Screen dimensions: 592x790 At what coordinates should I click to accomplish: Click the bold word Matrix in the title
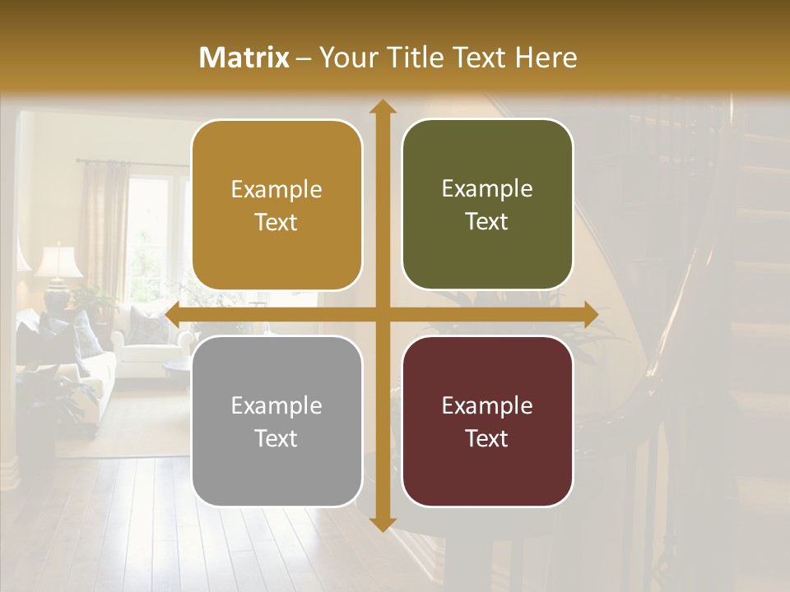click(244, 58)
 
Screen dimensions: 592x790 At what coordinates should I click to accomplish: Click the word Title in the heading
click(414, 58)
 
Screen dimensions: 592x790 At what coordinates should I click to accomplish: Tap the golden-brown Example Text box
click(276, 206)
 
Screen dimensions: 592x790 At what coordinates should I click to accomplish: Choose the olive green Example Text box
click(487, 206)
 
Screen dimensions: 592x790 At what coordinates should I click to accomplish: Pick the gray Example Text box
click(276, 421)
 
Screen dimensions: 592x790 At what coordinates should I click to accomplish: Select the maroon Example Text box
click(487, 421)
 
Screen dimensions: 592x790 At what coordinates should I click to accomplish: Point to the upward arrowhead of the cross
click(383, 106)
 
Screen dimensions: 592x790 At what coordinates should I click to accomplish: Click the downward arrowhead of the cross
click(383, 524)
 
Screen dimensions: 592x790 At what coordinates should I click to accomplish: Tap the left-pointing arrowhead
click(172, 315)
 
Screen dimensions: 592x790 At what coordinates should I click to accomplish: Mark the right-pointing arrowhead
click(592, 315)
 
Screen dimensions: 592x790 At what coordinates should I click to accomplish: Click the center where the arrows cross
click(383, 315)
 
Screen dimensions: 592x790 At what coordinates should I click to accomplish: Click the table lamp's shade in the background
click(58, 261)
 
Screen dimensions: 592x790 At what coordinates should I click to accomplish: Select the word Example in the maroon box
click(487, 405)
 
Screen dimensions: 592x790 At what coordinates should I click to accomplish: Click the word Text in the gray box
click(276, 438)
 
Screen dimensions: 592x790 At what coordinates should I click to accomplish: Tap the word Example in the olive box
click(487, 188)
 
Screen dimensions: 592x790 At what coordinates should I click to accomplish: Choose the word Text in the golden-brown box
click(276, 223)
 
